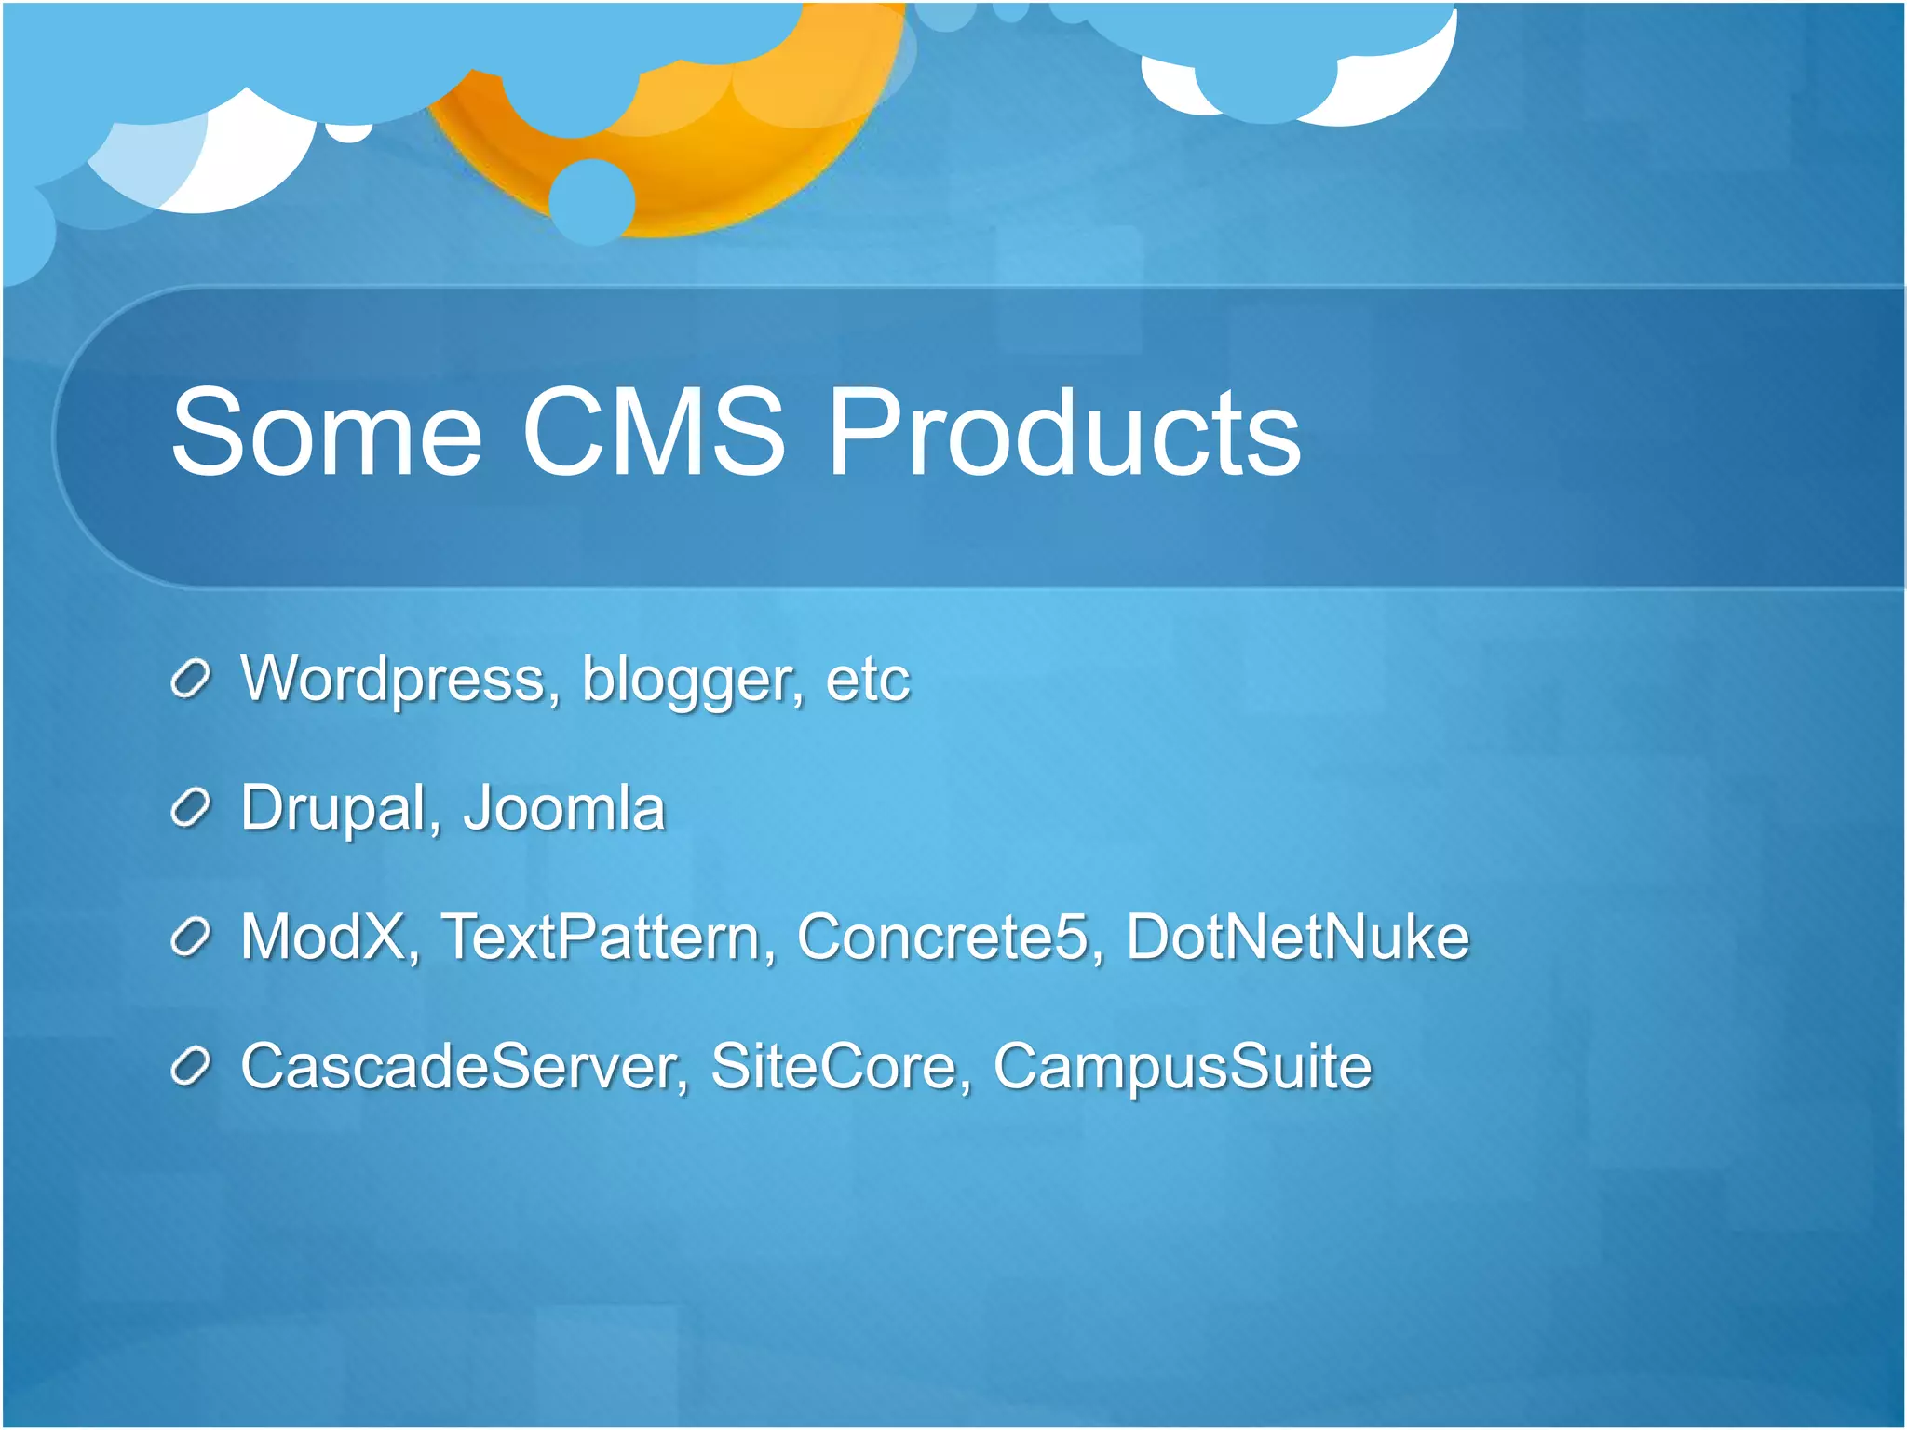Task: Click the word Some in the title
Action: click(x=326, y=433)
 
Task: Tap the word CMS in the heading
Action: click(x=654, y=433)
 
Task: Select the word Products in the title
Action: click(x=1064, y=433)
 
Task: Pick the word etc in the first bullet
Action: click(x=867, y=680)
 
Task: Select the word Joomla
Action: click(x=564, y=808)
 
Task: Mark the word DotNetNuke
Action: click(x=1297, y=937)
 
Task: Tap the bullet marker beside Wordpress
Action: click(x=191, y=681)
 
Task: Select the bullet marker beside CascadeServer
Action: click(x=191, y=1068)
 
